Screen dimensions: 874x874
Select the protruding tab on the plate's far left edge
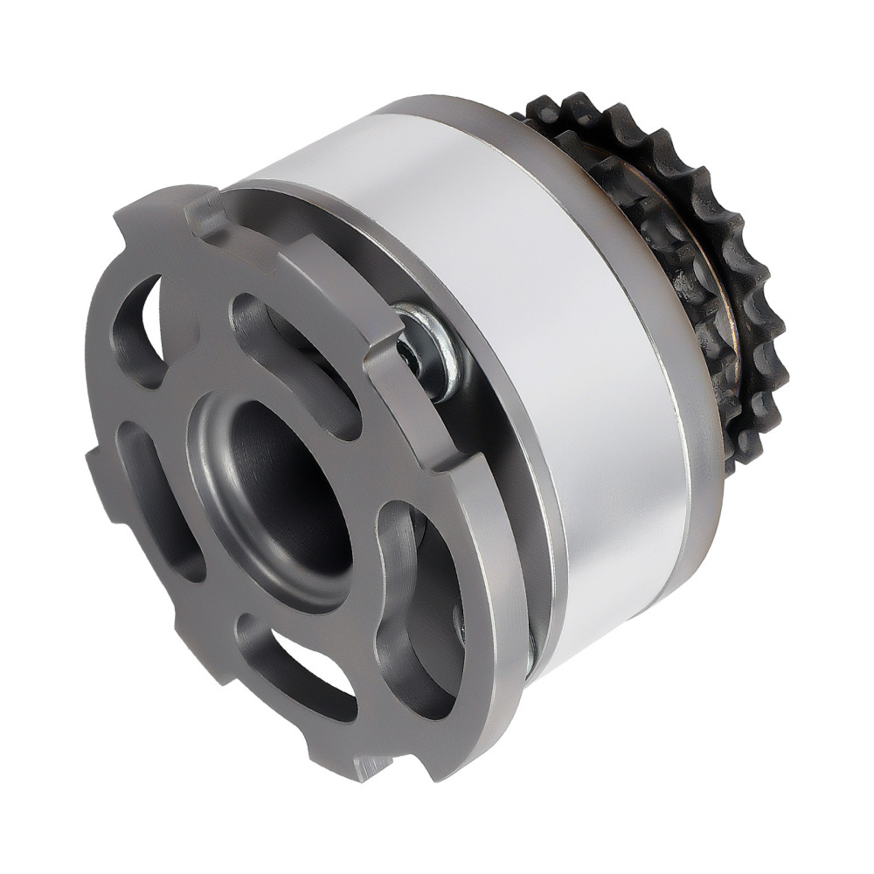pyautogui.click(x=98, y=476)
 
